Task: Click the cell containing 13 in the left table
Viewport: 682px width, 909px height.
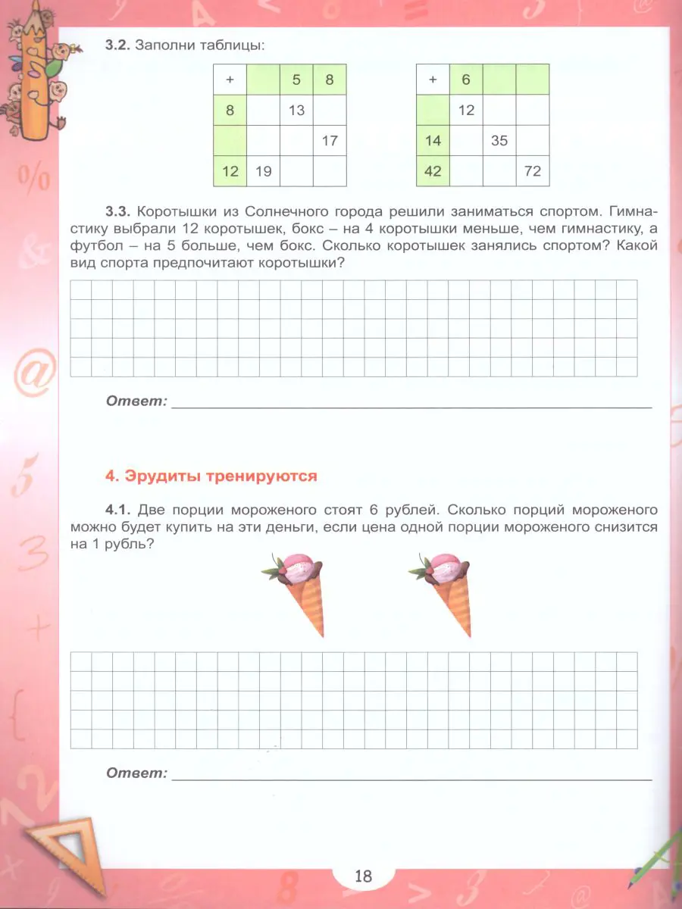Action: [x=296, y=111]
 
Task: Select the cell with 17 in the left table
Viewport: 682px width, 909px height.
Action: [x=329, y=141]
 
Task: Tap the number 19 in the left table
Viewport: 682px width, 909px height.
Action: [x=263, y=171]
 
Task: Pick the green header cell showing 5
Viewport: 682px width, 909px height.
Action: [x=296, y=80]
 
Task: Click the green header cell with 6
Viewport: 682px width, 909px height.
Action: [x=466, y=80]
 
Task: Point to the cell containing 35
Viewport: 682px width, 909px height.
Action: [x=499, y=141]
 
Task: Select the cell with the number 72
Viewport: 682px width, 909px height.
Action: [x=533, y=171]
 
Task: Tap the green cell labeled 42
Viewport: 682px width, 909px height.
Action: [x=433, y=171]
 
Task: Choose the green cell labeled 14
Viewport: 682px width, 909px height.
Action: [x=433, y=141]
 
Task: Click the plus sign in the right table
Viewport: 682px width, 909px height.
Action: [x=433, y=80]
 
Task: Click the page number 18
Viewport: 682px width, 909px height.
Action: [x=363, y=876]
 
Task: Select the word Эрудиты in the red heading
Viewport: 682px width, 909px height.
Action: [x=151, y=476]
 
